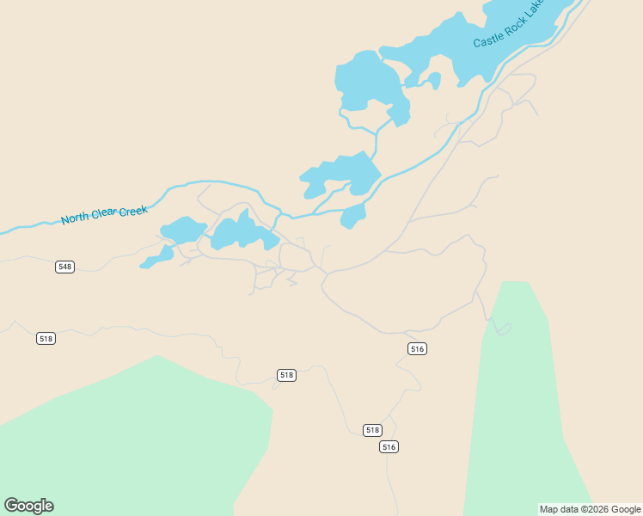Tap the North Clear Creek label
click(104, 214)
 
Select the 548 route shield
click(64, 267)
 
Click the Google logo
click(28, 506)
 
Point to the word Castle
click(490, 39)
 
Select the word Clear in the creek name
click(104, 214)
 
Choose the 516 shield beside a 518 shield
click(389, 446)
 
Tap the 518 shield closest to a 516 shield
click(371, 430)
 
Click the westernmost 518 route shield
click(46, 339)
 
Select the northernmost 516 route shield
click(418, 348)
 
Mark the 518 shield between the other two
click(286, 375)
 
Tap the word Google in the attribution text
click(626, 509)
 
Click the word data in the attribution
click(568, 509)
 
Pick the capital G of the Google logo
click(11, 506)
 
